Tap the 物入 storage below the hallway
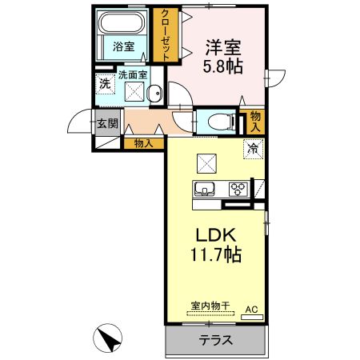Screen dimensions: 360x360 click(144, 144)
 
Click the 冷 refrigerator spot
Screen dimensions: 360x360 click(253, 148)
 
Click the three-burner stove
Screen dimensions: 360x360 click(238, 190)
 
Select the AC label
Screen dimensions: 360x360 click(251, 308)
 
